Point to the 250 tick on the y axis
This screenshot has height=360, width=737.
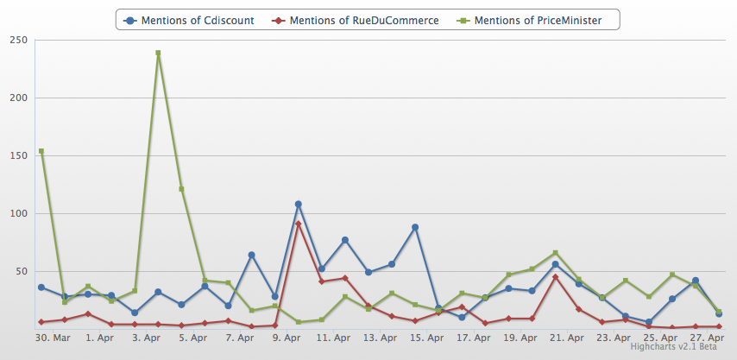coord(16,40)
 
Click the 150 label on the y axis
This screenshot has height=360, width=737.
coord(16,155)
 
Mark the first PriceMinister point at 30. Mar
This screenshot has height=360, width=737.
coord(41,151)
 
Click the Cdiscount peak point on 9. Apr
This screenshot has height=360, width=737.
coord(298,204)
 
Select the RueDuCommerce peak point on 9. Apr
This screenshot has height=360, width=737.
coord(298,224)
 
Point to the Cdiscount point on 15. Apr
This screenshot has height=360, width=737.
coord(415,227)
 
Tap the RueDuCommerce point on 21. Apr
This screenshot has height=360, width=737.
coord(555,277)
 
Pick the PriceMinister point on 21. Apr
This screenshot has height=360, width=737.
coord(555,253)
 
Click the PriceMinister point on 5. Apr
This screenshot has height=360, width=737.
coord(181,189)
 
